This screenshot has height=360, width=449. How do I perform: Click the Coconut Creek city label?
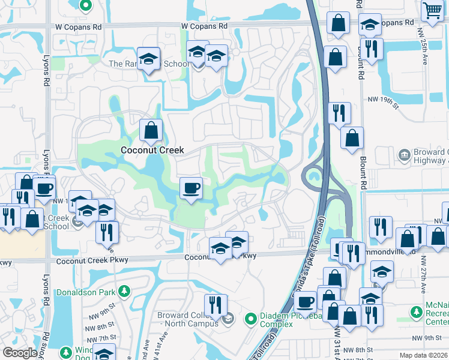(152, 150)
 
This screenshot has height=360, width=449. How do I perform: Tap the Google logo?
(20, 353)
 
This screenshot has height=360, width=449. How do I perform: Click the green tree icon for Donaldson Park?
(124, 291)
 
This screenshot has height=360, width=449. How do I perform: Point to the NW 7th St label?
(99, 338)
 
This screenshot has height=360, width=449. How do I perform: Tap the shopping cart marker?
(432, 10)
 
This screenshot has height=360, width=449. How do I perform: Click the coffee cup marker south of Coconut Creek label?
(191, 188)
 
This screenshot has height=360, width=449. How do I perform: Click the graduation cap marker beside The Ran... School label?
(148, 59)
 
